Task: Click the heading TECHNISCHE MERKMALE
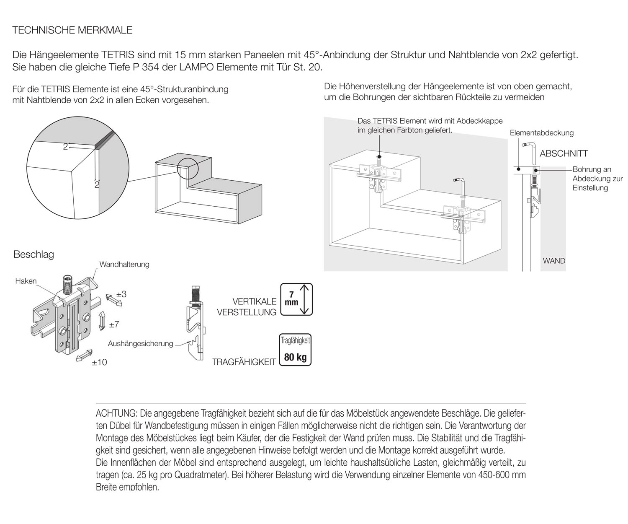(72, 30)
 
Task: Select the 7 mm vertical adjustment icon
(296, 300)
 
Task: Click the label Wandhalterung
(124, 265)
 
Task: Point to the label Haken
(26, 281)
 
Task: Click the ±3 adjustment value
(121, 295)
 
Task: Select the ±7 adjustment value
(114, 325)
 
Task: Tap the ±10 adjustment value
(99, 363)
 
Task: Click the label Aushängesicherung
(140, 344)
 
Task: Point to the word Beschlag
(33, 254)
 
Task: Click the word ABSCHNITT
(564, 154)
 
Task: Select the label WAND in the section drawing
(554, 261)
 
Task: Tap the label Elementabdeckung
(541, 133)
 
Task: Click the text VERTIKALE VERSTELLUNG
(247, 307)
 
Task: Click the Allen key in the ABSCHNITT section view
(530, 153)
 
